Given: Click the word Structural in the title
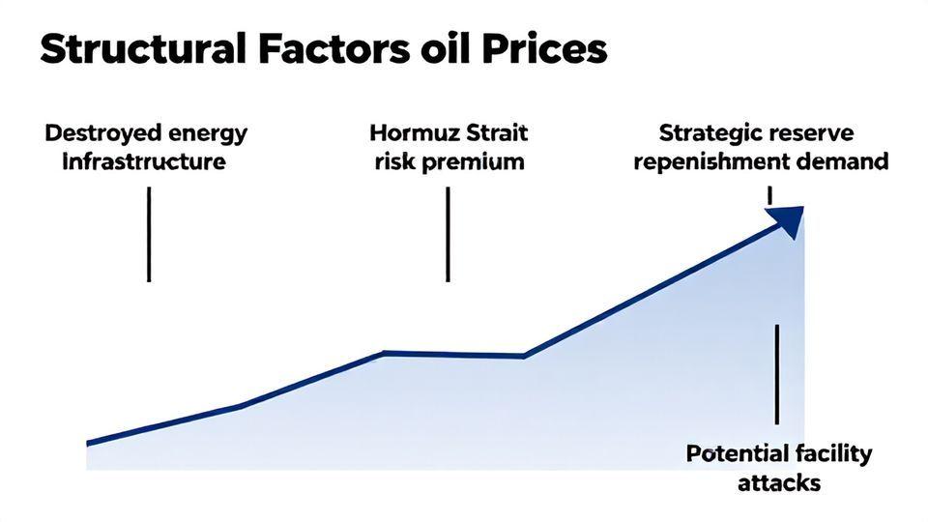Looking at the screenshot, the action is tap(143, 49).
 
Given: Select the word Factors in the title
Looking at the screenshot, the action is tap(333, 49).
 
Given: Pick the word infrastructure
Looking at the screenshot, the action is tap(144, 161).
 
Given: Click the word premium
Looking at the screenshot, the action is tap(473, 162).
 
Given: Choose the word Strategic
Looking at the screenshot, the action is tap(706, 133).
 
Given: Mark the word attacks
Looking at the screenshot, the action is tap(779, 482).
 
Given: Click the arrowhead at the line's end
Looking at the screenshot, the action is tap(789, 220).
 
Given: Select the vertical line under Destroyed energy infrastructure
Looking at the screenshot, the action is tap(149, 234).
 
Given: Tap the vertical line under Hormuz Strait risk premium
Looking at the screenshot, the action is tap(448, 234).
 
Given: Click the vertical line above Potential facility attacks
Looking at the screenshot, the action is tap(777, 374).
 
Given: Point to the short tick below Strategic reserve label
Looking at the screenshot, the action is tap(769, 196).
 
